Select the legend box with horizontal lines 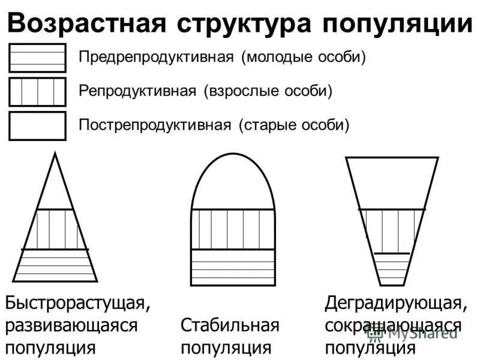[x=37, y=58]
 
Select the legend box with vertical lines [x=37, y=92]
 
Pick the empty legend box [x=37, y=126]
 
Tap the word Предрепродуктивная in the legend [x=156, y=58]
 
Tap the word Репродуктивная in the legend [x=137, y=91]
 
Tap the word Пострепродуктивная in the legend [x=155, y=125]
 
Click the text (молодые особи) [x=304, y=58]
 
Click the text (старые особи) [x=294, y=125]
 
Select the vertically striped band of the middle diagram [x=233, y=229]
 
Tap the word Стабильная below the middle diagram [x=230, y=326]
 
